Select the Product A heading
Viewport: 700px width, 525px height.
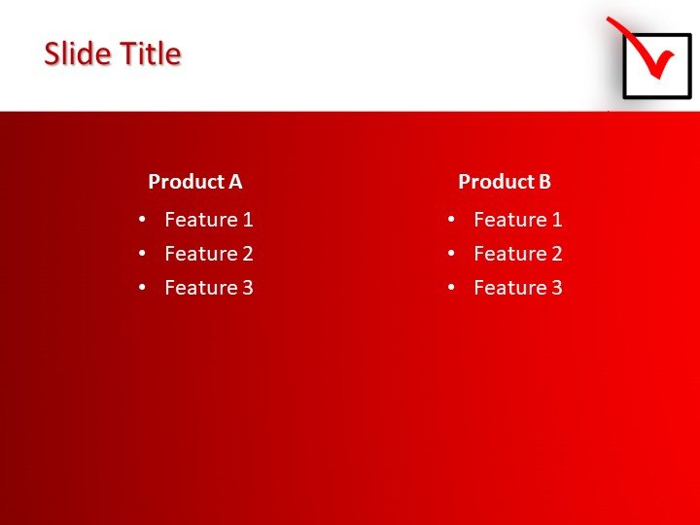click(194, 182)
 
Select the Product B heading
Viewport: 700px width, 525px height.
click(504, 182)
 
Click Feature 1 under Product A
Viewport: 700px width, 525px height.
click(208, 220)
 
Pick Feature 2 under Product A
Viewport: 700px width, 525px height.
click(208, 254)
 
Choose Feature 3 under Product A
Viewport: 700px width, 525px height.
click(208, 288)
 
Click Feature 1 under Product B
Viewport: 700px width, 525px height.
click(517, 220)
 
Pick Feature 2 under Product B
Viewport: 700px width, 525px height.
click(517, 254)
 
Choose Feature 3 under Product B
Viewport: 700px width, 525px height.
click(517, 288)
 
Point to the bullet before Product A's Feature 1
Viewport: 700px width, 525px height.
click(143, 220)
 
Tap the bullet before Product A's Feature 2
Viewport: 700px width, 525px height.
click(143, 254)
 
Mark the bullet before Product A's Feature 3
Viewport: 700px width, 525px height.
click(143, 288)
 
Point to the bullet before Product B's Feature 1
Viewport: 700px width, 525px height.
click(451, 220)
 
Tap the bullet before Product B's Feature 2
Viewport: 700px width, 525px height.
click(451, 254)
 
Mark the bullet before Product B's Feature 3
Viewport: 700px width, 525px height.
click(451, 288)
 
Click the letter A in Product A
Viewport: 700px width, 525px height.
click(235, 182)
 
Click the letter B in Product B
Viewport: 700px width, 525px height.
click(544, 182)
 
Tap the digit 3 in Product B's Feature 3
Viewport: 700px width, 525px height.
click(556, 288)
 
